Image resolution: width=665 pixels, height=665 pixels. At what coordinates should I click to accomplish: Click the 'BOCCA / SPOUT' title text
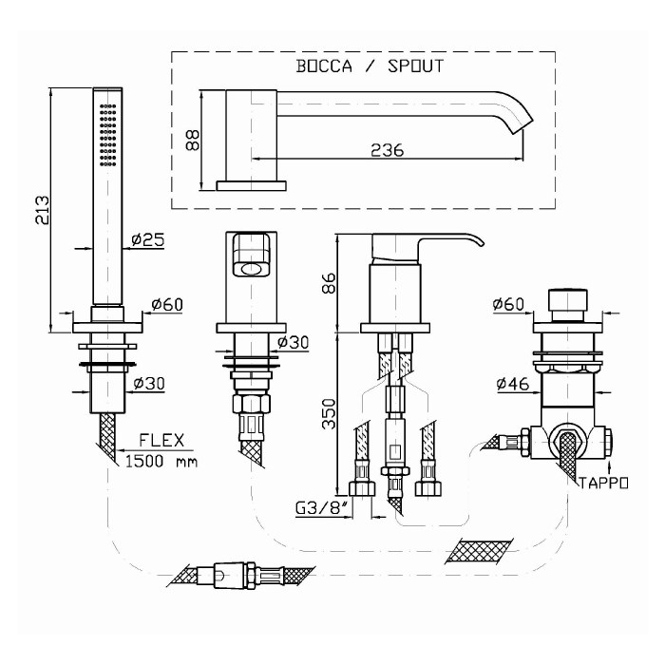[370, 66]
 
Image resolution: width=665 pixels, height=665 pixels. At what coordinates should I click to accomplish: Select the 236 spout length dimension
[388, 150]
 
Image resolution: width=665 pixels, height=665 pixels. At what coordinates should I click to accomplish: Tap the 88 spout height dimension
[193, 140]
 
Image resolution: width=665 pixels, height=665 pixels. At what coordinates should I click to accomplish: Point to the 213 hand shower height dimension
[43, 210]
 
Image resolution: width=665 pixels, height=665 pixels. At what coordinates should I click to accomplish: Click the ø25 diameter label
[147, 239]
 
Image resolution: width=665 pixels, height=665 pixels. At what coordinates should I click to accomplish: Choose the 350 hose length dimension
[329, 414]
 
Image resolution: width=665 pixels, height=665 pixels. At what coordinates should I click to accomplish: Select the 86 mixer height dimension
[329, 283]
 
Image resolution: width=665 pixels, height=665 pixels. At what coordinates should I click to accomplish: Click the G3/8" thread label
[321, 507]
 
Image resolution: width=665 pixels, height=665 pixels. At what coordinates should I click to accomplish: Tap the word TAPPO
[603, 483]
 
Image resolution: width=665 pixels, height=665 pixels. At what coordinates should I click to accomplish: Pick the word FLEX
[161, 440]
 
